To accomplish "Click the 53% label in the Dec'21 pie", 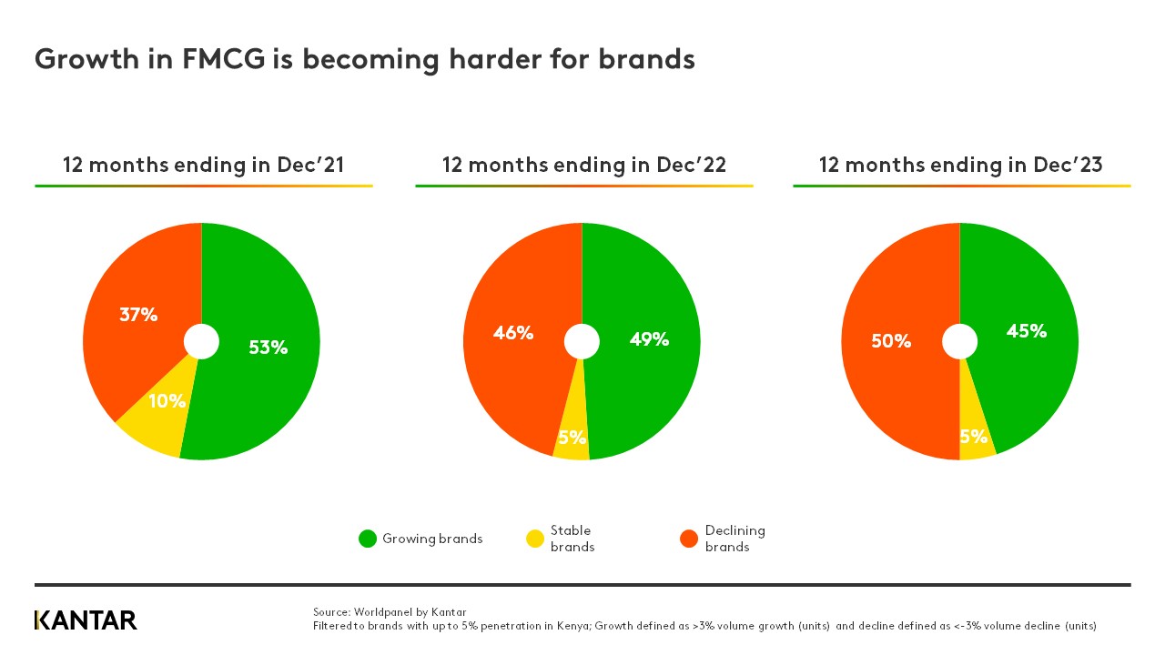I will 268,347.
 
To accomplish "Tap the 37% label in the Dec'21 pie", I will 138,315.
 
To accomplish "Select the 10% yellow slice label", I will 167,400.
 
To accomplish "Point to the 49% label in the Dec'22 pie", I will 649,339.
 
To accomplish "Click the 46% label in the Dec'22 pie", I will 513,333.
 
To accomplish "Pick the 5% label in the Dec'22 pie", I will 572,438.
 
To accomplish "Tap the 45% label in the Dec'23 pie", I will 1026,331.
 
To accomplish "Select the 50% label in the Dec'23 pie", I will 891,341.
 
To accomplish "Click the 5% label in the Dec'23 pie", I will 974,437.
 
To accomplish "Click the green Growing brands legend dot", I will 368,539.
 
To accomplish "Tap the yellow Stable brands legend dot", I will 535,539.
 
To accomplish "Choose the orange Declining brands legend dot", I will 689,539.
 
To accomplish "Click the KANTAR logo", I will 86,620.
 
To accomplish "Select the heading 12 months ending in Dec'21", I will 203,165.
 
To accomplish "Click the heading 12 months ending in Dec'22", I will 583,165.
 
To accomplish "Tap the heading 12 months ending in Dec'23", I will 960,165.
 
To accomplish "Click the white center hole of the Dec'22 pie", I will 582,342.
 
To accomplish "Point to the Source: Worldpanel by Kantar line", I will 390,611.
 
